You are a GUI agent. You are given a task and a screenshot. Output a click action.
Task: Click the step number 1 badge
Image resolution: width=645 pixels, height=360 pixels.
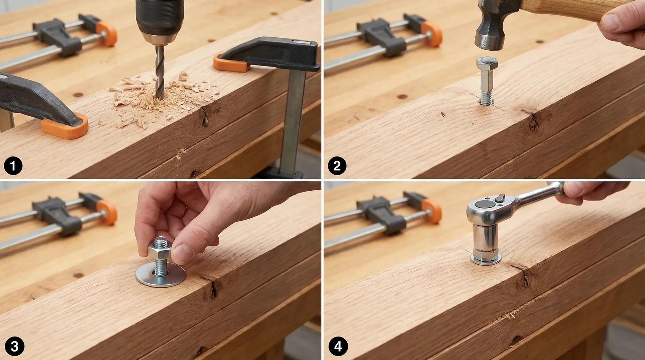(x=13, y=166)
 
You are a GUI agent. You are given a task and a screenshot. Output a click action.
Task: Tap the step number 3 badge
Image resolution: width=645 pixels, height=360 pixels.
(x=14, y=346)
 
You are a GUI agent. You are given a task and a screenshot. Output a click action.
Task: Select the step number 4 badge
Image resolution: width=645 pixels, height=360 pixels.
(x=338, y=346)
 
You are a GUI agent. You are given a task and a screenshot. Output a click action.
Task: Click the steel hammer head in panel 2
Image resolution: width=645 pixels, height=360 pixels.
(x=489, y=30)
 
